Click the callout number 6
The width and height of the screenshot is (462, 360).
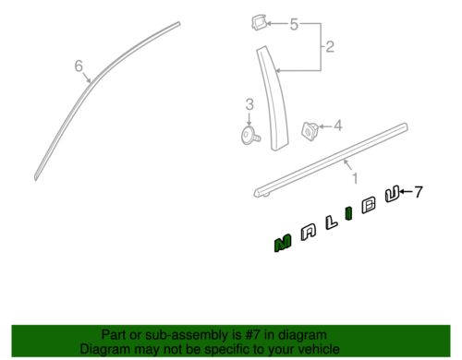[x=79, y=66]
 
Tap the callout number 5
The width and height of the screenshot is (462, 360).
[x=294, y=24]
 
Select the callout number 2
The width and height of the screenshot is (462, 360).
[x=330, y=46]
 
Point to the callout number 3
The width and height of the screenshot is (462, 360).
[x=249, y=104]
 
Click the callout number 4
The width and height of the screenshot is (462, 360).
[x=338, y=126]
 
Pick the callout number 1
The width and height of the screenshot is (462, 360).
[x=355, y=178]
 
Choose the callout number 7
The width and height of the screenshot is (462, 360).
[x=418, y=192]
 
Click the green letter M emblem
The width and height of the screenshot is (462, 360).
[x=283, y=244]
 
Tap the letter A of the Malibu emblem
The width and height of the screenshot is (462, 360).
[x=309, y=233]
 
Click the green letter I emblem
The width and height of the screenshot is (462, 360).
[x=348, y=213]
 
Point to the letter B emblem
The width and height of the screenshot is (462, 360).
[x=369, y=204]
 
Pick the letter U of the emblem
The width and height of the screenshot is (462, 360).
[x=392, y=194]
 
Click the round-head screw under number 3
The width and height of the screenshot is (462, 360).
[x=249, y=136]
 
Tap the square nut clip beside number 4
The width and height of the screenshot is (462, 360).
[x=310, y=130]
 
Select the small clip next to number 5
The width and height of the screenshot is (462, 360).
[x=259, y=23]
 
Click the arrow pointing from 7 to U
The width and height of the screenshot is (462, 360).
[x=407, y=192]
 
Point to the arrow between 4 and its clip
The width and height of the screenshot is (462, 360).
[x=326, y=126]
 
